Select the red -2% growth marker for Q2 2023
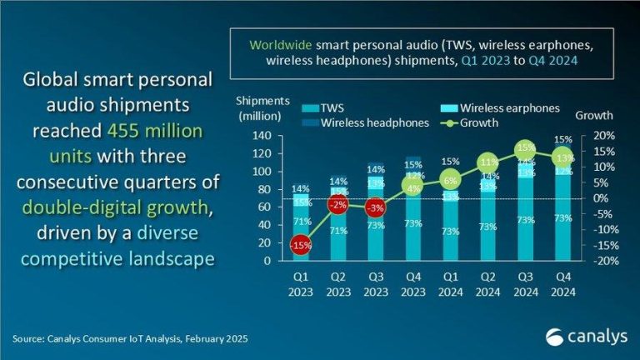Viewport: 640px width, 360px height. click(x=338, y=205)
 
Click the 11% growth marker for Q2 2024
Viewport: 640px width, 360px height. click(x=488, y=162)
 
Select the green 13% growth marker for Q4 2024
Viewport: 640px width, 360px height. click(x=563, y=157)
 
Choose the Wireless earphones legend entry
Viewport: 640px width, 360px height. click(x=497, y=108)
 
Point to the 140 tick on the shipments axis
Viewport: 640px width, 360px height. click(x=262, y=136)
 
